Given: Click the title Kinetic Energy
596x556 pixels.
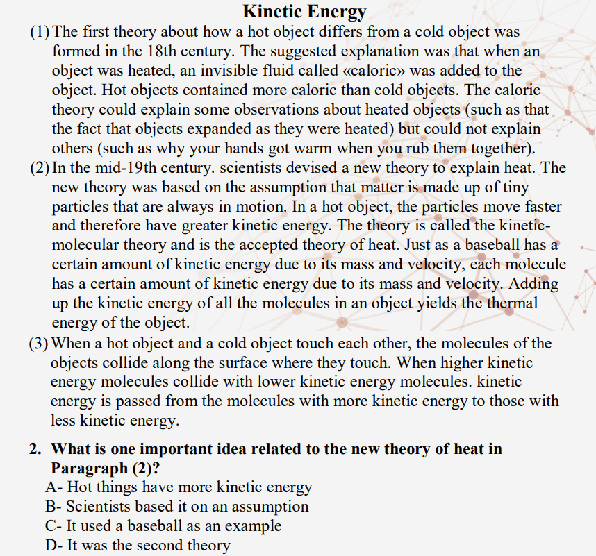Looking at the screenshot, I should click(x=304, y=11).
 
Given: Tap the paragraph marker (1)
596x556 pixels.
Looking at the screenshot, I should click(x=40, y=32).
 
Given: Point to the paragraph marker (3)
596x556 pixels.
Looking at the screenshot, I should click(x=40, y=343).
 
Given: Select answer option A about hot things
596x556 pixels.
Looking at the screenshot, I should click(x=179, y=487).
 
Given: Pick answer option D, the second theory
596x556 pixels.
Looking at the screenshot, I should click(x=138, y=546).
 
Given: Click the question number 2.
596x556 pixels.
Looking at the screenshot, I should click(x=35, y=449).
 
